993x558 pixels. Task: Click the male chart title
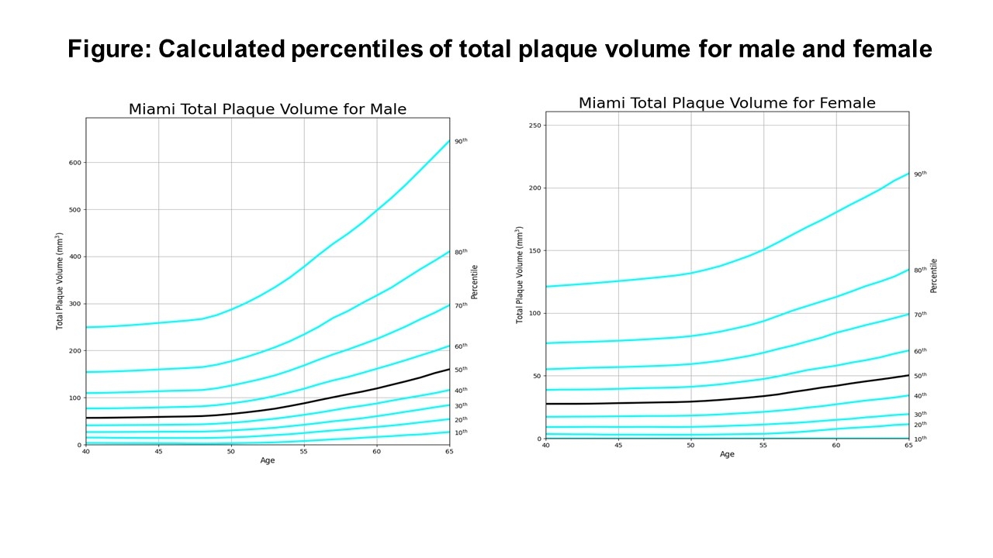[x=268, y=109]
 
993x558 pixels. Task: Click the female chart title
[x=727, y=103]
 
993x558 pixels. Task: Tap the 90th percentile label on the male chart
[x=461, y=141]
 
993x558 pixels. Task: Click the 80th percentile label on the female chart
[x=920, y=270]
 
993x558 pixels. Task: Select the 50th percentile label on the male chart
[x=461, y=370]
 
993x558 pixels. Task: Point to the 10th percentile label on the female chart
[x=920, y=439]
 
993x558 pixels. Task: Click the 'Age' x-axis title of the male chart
[x=268, y=460]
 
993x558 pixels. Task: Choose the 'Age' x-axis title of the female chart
[x=727, y=454]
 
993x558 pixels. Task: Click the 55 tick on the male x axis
[x=303, y=451]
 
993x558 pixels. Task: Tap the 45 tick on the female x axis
[x=618, y=445]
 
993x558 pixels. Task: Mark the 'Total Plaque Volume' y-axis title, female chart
[x=520, y=275]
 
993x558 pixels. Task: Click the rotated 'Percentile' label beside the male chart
[x=474, y=281]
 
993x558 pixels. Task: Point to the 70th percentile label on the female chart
[x=920, y=314]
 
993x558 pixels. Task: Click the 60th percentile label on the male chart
[x=461, y=346]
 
